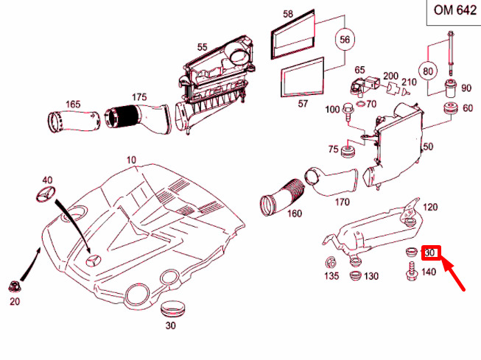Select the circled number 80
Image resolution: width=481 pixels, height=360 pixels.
[429, 71]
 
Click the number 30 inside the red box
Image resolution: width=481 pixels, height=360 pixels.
[431, 253]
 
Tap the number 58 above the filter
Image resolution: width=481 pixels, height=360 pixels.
[287, 14]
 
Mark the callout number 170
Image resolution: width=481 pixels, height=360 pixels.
[342, 200]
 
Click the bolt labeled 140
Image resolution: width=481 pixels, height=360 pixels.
[410, 274]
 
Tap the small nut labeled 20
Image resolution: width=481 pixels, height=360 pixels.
[15, 286]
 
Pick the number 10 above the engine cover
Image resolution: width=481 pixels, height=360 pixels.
[131, 160]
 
